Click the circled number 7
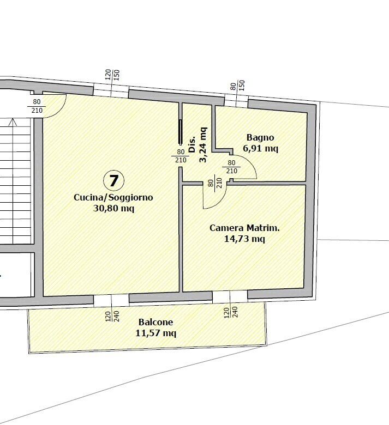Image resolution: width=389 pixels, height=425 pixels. click(113, 180)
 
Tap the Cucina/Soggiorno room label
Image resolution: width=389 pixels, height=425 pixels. click(113, 197)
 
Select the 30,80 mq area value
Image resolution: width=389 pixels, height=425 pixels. click(113, 209)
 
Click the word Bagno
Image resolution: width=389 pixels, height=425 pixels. click(260, 138)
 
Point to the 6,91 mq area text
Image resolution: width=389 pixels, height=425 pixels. click(261, 149)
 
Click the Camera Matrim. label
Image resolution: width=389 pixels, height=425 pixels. click(244, 228)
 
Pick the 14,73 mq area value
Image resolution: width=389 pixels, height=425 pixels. click(244, 239)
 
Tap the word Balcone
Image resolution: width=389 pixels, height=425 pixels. click(156, 322)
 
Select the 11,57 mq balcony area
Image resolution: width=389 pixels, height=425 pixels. click(156, 333)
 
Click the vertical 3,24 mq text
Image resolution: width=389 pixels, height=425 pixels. click(203, 145)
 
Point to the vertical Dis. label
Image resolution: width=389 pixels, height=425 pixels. click(192, 144)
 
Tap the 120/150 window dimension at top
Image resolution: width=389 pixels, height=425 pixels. click(112, 75)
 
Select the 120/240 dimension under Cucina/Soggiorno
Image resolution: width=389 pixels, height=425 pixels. click(112, 316)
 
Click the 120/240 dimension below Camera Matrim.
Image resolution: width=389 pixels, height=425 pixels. click(230, 312)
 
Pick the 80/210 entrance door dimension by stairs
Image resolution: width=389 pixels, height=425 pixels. click(37, 106)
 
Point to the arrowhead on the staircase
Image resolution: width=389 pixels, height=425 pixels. click(13, 122)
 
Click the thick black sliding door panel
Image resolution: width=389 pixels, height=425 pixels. click(180, 132)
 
